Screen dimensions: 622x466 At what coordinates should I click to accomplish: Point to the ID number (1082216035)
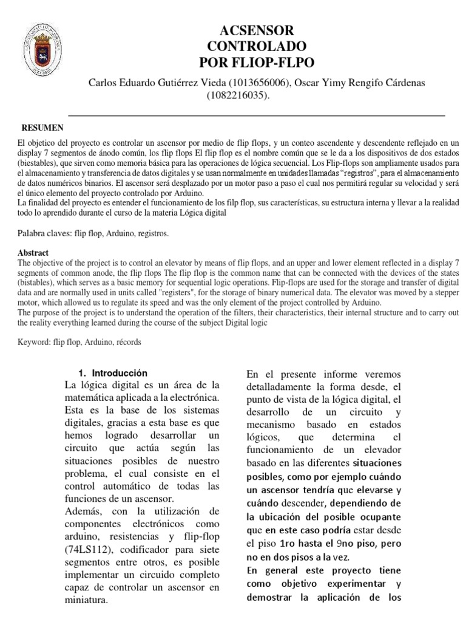pyautogui.click(x=239, y=96)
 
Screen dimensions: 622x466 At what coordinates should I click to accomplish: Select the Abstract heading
pyautogui.click(x=33, y=253)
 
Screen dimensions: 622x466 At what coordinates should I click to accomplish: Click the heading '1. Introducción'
pyautogui.click(x=114, y=372)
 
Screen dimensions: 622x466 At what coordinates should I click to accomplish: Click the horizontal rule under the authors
pyautogui.click(x=255, y=114)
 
